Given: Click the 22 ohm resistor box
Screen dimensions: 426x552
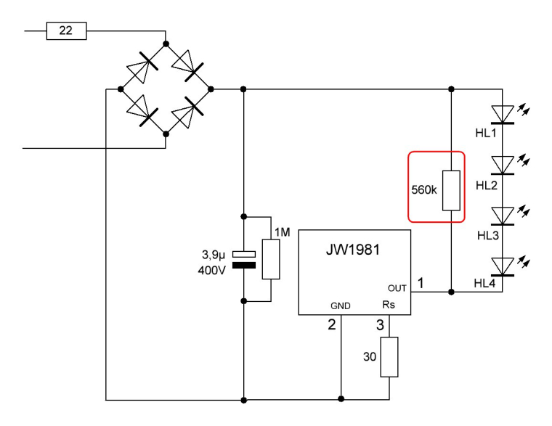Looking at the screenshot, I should tap(66, 31).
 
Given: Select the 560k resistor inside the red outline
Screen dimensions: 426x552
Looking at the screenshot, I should tap(452, 192).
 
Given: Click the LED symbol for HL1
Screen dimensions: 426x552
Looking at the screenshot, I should tap(502, 114).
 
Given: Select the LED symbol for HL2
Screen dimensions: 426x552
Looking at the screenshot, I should tap(502, 165).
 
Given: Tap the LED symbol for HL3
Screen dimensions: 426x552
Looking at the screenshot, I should tap(502, 216).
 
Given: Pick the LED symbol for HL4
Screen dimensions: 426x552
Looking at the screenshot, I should tap(502, 266).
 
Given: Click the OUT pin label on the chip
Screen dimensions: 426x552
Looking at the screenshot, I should tap(397, 288).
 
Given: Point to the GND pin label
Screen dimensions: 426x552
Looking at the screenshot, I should tap(341, 306).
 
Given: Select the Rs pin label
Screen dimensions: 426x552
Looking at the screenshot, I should tap(389, 306).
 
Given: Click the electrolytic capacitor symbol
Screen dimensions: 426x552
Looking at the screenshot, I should tap(247, 258).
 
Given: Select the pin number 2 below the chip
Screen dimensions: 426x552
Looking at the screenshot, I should tap(332, 325).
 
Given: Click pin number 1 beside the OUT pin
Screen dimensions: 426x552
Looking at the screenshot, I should tap(420, 284).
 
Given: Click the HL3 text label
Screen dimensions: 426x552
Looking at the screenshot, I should tap(487, 237).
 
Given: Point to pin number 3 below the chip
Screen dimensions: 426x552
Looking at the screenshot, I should tap(379, 325).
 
